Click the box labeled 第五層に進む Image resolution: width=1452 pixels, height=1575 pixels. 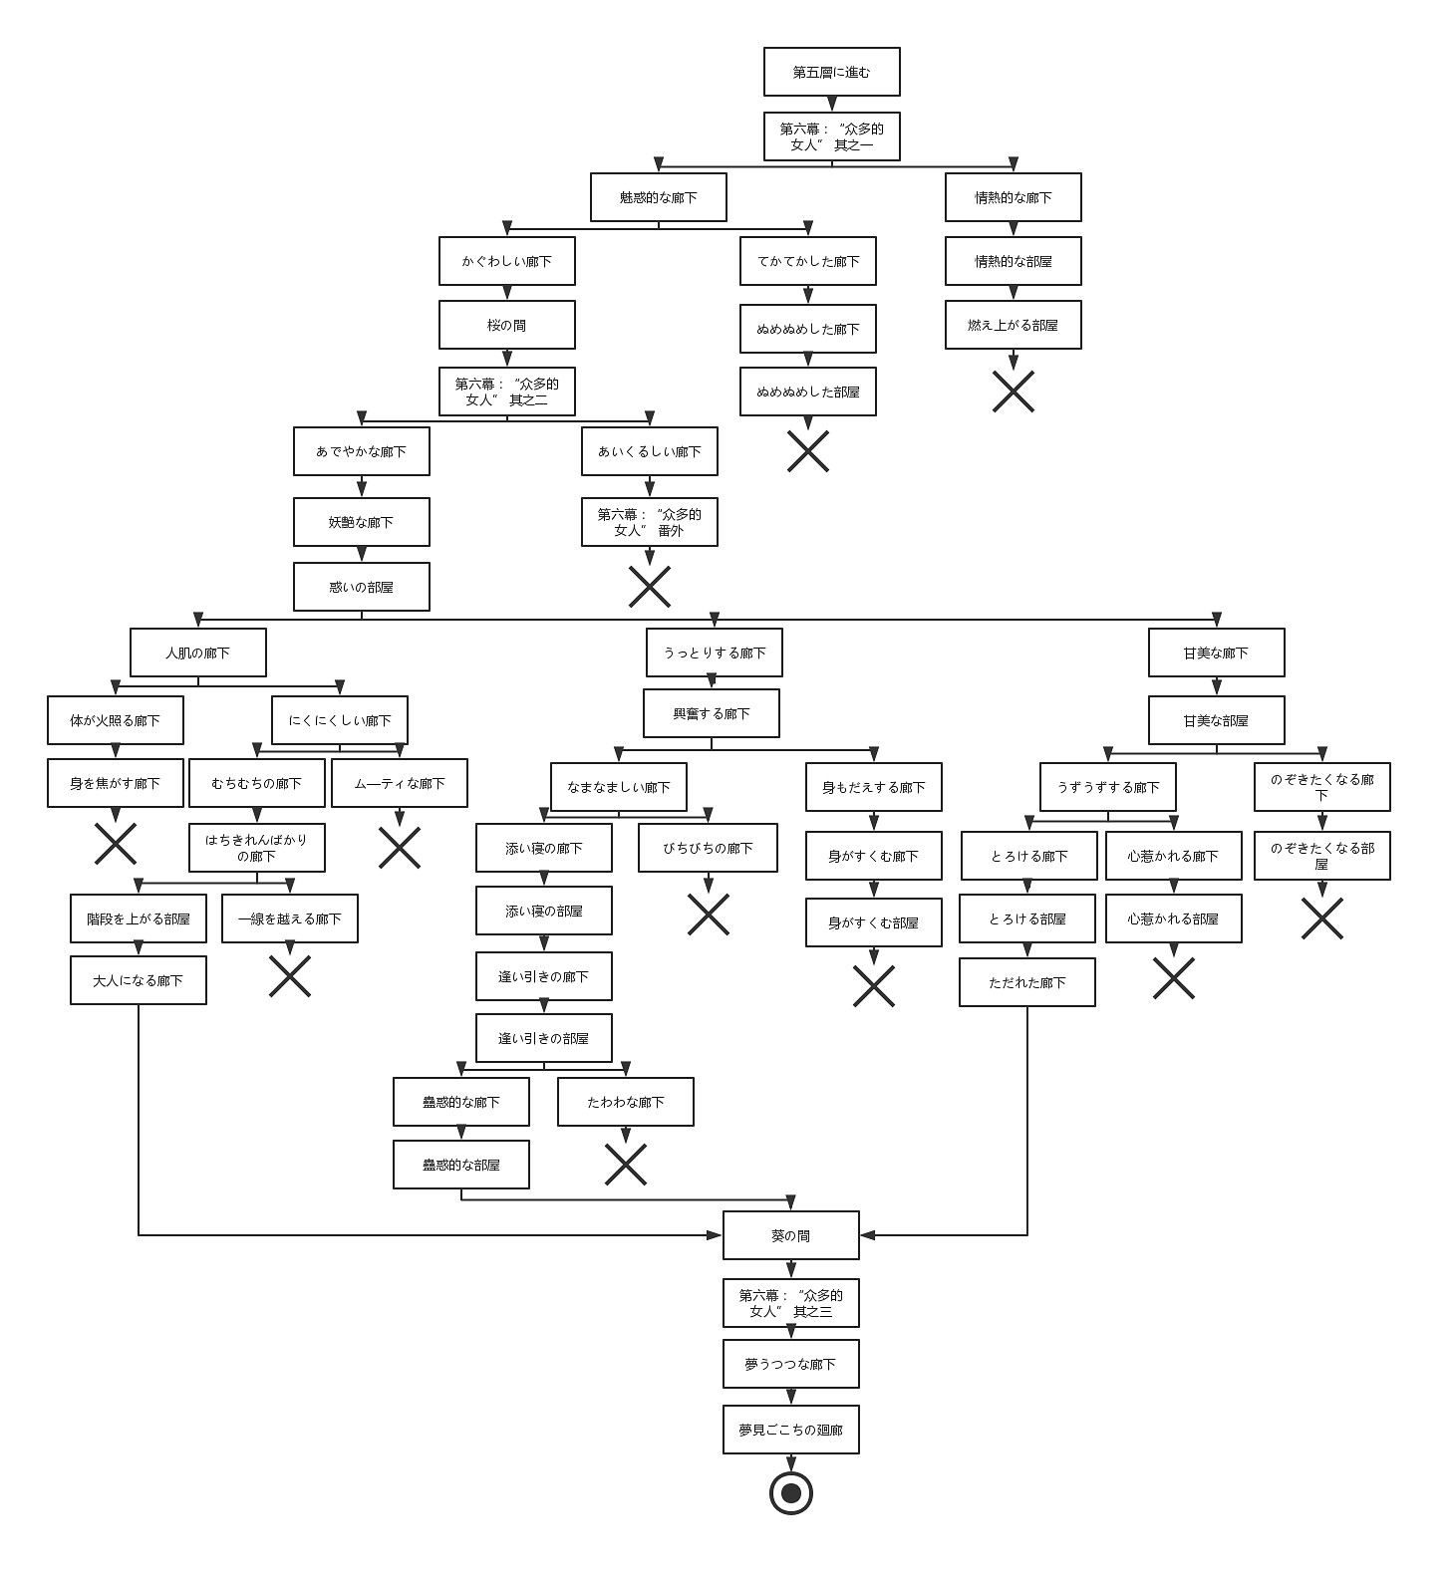pyautogui.click(x=831, y=72)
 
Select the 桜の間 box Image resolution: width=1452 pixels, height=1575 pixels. pyautogui.click(x=506, y=325)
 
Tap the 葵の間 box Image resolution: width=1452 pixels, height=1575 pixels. pyautogui.click(x=790, y=1235)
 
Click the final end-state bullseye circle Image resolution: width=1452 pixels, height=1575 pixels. pyautogui.click(x=791, y=1492)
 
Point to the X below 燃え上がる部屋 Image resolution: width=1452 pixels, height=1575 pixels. pyautogui.click(x=1013, y=392)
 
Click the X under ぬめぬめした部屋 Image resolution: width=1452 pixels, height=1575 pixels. pyautogui.click(x=807, y=451)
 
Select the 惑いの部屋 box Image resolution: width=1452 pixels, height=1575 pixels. pyautogui.click(x=361, y=587)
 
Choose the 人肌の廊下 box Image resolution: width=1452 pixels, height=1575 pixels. pyautogui.click(x=197, y=653)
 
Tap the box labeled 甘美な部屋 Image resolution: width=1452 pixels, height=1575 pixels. pyautogui.click(x=1216, y=720)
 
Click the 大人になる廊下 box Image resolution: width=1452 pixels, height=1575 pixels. pyautogui.click(x=138, y=980)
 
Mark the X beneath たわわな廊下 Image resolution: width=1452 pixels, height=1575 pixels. pyautogui.click(x=625, y=1164)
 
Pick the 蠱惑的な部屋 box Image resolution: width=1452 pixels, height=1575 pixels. pyautogui.click(x=460, y=1165)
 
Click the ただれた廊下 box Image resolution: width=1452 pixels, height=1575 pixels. pyautogui.click(x=1026, y=982)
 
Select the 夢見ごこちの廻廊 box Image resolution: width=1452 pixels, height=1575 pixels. pyautogui.click(x=790, y=1430)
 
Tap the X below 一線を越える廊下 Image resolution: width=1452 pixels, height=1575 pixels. pyautogui.click(x=289, y=976)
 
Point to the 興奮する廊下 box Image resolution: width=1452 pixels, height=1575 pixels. pyautogui.click(x=711, y=713)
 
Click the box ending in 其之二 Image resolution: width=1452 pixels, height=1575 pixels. pyautogui.click(x=506, y=392)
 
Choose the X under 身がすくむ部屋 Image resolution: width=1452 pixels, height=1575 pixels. pyautogui.click(x=873, y=986)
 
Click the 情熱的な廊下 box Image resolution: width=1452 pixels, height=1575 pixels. pyautogui.click(x=1013, y=197)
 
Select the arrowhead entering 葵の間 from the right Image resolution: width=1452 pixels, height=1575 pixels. pyautogui.click(x=867, y=1235)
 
